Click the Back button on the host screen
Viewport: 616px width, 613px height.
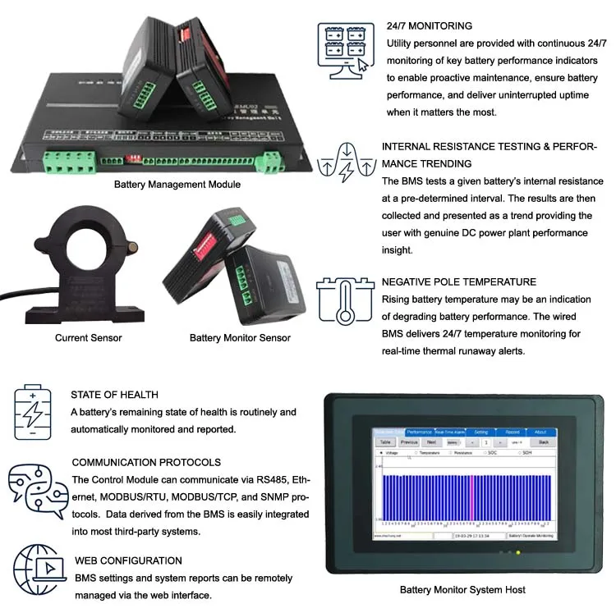coord(543,441)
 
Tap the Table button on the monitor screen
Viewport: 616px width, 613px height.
coord(385,441)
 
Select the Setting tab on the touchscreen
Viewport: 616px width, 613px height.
coord(481,432)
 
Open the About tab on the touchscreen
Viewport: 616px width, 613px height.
coord(540,432)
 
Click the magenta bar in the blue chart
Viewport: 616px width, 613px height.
coord(471,496)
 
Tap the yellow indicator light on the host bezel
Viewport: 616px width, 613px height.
coord(508,552)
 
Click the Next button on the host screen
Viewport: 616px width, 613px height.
coord(431,441)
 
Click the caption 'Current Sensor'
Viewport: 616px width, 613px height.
coord(89,337)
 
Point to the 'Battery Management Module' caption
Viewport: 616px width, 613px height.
coord(177,185)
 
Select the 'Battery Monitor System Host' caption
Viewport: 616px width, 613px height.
coord(462,589)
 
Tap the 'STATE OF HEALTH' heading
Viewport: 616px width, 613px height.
coord(114,395)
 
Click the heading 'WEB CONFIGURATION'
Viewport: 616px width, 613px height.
coord(128,560)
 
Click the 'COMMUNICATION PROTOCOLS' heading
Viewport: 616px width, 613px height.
coord(146,462)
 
